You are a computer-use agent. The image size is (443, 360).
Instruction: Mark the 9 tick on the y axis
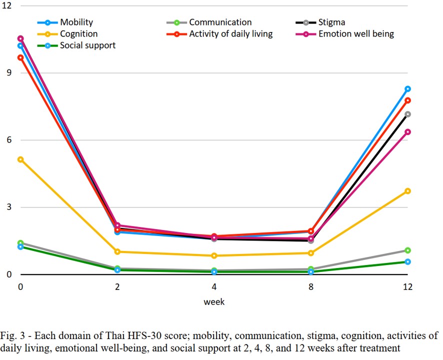pyautogui.click(x=9, y=72)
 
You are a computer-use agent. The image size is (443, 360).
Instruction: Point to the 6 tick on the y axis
pyautogui.click(x=9, y=140)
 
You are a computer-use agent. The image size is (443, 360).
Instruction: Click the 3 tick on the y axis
pyautogui.click(x=9, y=207)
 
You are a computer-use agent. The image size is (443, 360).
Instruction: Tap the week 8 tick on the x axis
pyautogui.click(x=311, y=287)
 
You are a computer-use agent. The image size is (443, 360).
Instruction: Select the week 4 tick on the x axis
pyautogui.click(x=214, y=287)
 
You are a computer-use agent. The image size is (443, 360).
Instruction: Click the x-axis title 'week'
pyautogui.click(x=214, y=302)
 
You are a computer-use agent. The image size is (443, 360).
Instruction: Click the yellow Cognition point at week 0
pyautogui.click(x=20, y=159)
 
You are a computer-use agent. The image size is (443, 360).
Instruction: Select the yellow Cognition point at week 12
pyautogui.click(x=408, y=191)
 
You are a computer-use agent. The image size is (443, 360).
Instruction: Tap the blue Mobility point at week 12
pyautogui.click(x=408, y=89)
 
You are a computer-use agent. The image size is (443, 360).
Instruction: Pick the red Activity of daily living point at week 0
pyautogui.click(x=20, y=57)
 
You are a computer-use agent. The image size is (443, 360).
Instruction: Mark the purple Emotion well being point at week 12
pyautogui.click(x=408, y=132)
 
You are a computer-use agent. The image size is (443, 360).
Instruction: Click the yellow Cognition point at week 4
pyautogui.click(x=214, y=255)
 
